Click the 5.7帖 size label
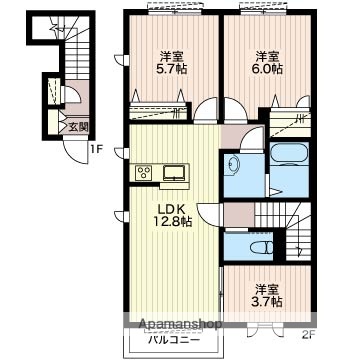(172, 70)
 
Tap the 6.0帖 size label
(265, 70)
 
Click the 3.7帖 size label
(266, 300)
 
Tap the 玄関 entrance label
(78, 127)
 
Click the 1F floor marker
(96, 150)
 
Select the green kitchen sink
(172, 172)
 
